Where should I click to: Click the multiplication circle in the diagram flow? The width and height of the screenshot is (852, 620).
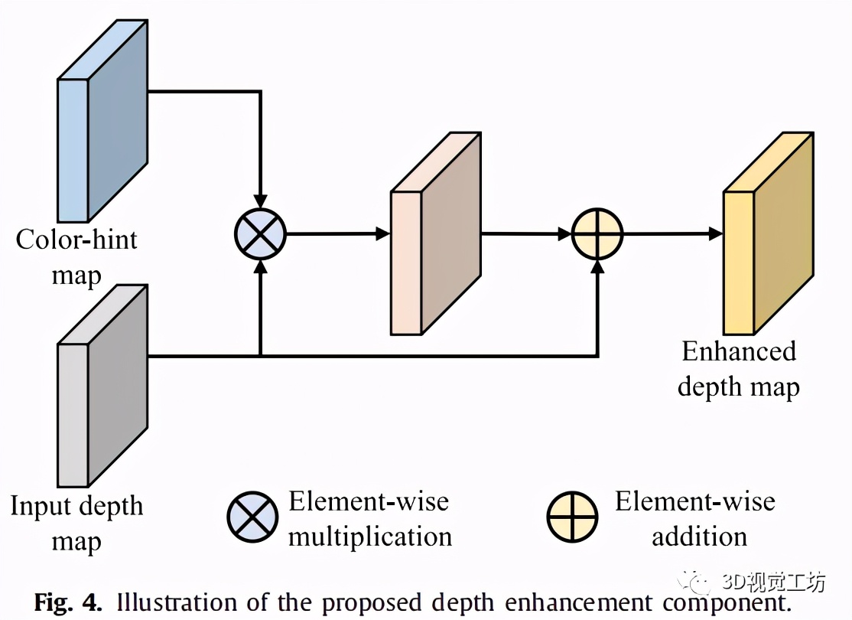point(260,233)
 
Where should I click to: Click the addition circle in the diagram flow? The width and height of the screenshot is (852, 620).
point(597,233)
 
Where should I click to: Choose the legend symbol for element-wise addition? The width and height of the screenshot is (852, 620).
point(573,517)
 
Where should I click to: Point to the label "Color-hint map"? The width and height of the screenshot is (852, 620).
point(76,256)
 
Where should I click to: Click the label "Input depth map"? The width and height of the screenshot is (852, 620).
point(76,524)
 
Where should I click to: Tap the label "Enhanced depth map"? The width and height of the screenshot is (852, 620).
point(739,368)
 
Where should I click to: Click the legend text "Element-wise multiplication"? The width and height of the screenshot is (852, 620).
point(369,519)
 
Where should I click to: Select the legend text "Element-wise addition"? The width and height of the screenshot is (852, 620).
point(695,519)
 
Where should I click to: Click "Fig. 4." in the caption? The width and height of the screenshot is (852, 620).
point(67,602)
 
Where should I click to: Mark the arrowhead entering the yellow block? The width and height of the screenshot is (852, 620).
point(715,233)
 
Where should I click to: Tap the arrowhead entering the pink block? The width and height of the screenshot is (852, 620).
point(383,233)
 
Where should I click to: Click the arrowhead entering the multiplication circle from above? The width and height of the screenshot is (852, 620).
point(260,201)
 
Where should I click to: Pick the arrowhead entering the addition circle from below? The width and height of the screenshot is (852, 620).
point(597,266)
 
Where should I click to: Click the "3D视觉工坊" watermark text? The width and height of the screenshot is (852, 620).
point(773,582)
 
